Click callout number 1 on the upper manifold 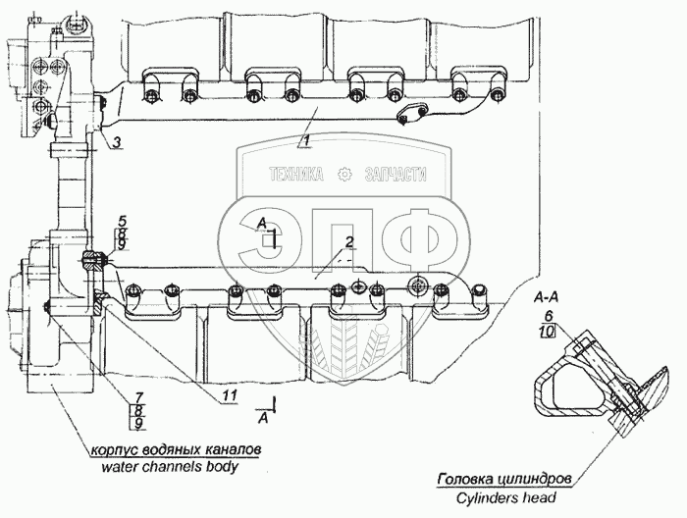[305, 142]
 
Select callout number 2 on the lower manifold [348, 241]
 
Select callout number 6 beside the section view [548, 316]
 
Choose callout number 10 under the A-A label [548, 332]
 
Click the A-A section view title [548, 295]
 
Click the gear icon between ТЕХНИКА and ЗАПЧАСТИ [343, 175]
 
